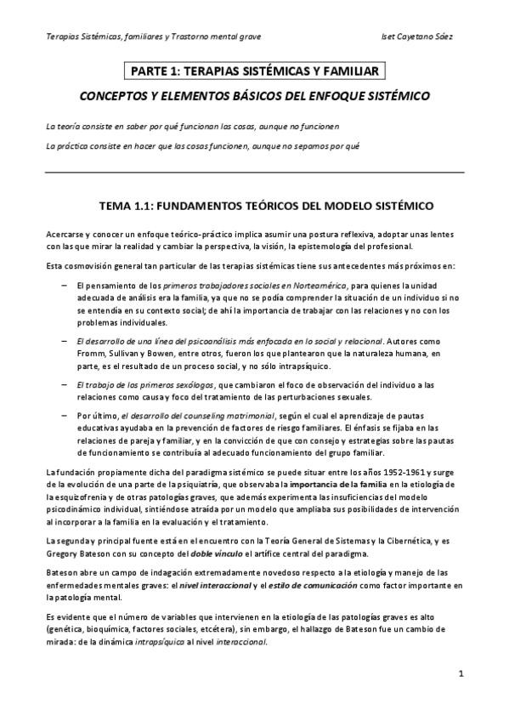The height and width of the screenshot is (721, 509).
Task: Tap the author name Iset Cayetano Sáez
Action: (x=421, y=37)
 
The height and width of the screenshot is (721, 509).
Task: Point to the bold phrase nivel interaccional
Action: (x=227, y=585)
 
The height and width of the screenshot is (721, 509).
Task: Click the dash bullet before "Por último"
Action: (x=65, y=414)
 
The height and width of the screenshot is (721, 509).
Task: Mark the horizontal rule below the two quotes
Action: (x=254, y=172)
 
